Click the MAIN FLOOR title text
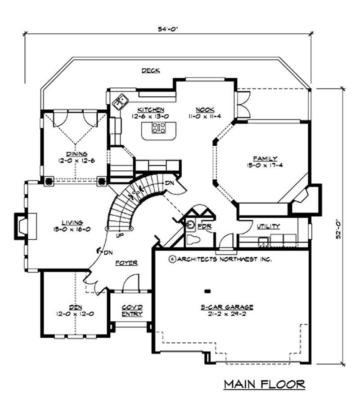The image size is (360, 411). pos(265,384)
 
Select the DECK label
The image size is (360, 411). pos(151,71)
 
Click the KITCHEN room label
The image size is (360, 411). pos(151,109)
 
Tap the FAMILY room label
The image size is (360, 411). pos(265,158)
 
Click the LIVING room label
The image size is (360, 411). pos(72,222)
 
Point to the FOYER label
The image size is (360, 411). pos(126,263)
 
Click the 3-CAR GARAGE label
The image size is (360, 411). pos(227,307)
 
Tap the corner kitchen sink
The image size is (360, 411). pos(120,102)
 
